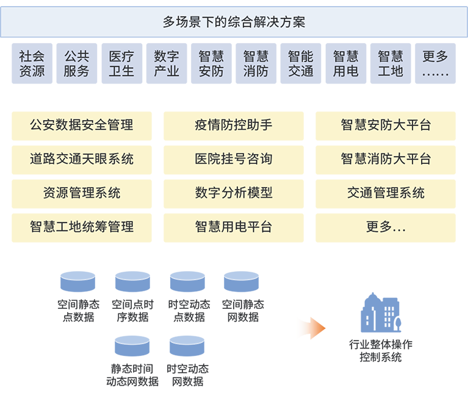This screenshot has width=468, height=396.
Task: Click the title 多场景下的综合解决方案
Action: (x=234, y=23)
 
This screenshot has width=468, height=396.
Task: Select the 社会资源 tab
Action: (x=32, y=64)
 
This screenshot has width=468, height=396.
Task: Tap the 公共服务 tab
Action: (x=76, y=64)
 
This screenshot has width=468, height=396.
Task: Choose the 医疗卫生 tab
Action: (x=121, y=64)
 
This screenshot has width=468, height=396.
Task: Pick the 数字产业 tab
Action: (x=167, y=64)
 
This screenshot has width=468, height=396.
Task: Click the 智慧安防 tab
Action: (x=211, y=64)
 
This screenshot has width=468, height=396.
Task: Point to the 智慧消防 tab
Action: (x=256, y=64)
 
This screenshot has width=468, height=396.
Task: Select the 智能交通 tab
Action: (x=301, y=64)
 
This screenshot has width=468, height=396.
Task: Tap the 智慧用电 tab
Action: (x=345, y=64)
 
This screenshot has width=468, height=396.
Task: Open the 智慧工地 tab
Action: (x=391, y=64)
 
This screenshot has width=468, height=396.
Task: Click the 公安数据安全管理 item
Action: (x=82, y=125)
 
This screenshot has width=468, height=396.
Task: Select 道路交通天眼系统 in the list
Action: (x=82, y=159)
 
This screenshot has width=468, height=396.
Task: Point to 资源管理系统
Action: (x=82, y=193)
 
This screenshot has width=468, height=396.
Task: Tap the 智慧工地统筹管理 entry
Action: (x=82, y=227)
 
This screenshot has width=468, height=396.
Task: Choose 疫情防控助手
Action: (x=234, y=125)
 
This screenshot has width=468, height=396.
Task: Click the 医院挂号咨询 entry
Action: (x=234, y=159)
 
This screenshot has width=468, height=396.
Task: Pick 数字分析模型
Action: (x=234, y=193)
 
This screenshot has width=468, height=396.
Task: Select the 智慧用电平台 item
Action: (x=234, y=227)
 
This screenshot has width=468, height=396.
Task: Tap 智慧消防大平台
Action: (x=386, y=159)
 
